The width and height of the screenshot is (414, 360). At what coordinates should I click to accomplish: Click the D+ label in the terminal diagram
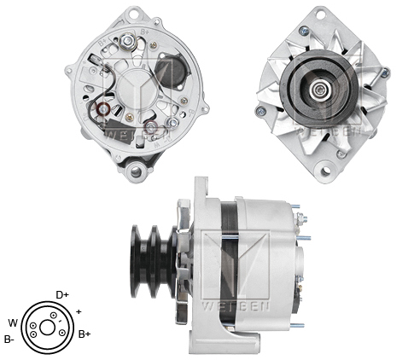pos(62,294)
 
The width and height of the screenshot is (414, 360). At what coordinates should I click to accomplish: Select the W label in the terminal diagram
pos(12,322)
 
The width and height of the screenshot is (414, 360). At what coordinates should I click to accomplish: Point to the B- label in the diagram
pos(9,339)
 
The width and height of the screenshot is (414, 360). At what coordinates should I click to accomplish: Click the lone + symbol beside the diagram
pos(79,311)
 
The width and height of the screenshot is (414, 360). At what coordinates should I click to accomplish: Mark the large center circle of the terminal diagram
pos(46,327)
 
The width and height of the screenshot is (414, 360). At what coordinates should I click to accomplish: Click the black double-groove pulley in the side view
pos(154,259)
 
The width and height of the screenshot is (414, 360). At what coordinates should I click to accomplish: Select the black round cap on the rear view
pos(177,75)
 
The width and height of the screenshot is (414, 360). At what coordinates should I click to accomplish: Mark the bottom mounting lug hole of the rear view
pos(135,171)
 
